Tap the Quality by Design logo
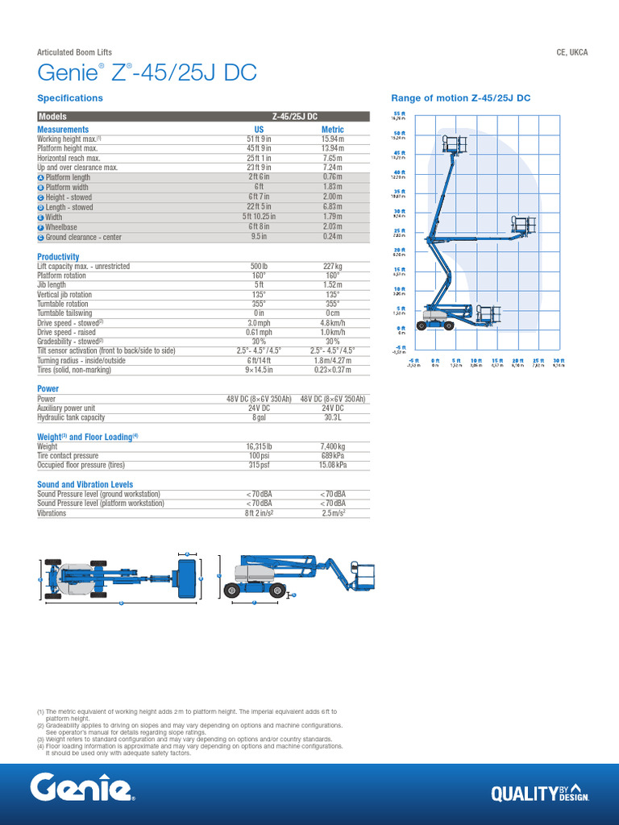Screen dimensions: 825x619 point(539,793)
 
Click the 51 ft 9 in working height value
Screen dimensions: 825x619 point(259,139)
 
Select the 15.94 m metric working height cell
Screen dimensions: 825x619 point(332,139)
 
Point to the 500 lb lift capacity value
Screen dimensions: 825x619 point(259,266)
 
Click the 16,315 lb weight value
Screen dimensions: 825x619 point(259,446)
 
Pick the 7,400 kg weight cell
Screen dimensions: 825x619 point(332,446)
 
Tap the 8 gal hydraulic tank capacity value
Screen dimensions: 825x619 point(259,417)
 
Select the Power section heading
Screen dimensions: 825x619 point(48,388)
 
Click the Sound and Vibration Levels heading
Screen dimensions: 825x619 point(85,484)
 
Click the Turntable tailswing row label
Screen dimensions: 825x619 point(64,313)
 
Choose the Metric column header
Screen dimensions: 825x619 point(332,129)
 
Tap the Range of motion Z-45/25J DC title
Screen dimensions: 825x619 point(460,98)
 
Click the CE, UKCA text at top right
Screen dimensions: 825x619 point(572,52)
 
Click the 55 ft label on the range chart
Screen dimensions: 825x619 point(398,114)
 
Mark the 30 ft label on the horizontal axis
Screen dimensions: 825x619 point(559,360)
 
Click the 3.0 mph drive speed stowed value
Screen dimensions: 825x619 point(259,322)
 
